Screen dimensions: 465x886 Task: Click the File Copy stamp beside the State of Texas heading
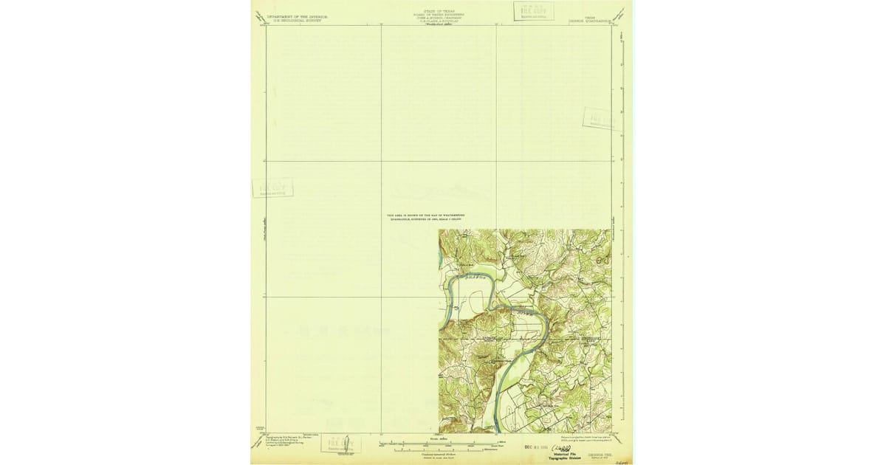[x=533, y=11]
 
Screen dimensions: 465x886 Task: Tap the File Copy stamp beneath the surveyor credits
[x=340, y=444]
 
